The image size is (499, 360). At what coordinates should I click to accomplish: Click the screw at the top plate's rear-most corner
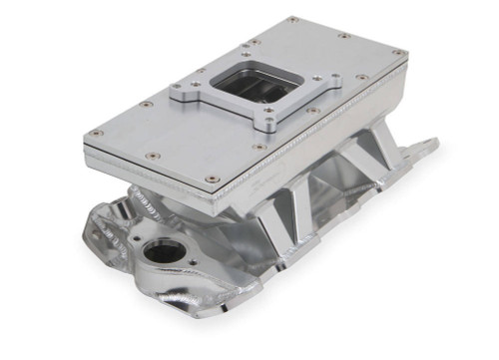point(292,19)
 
